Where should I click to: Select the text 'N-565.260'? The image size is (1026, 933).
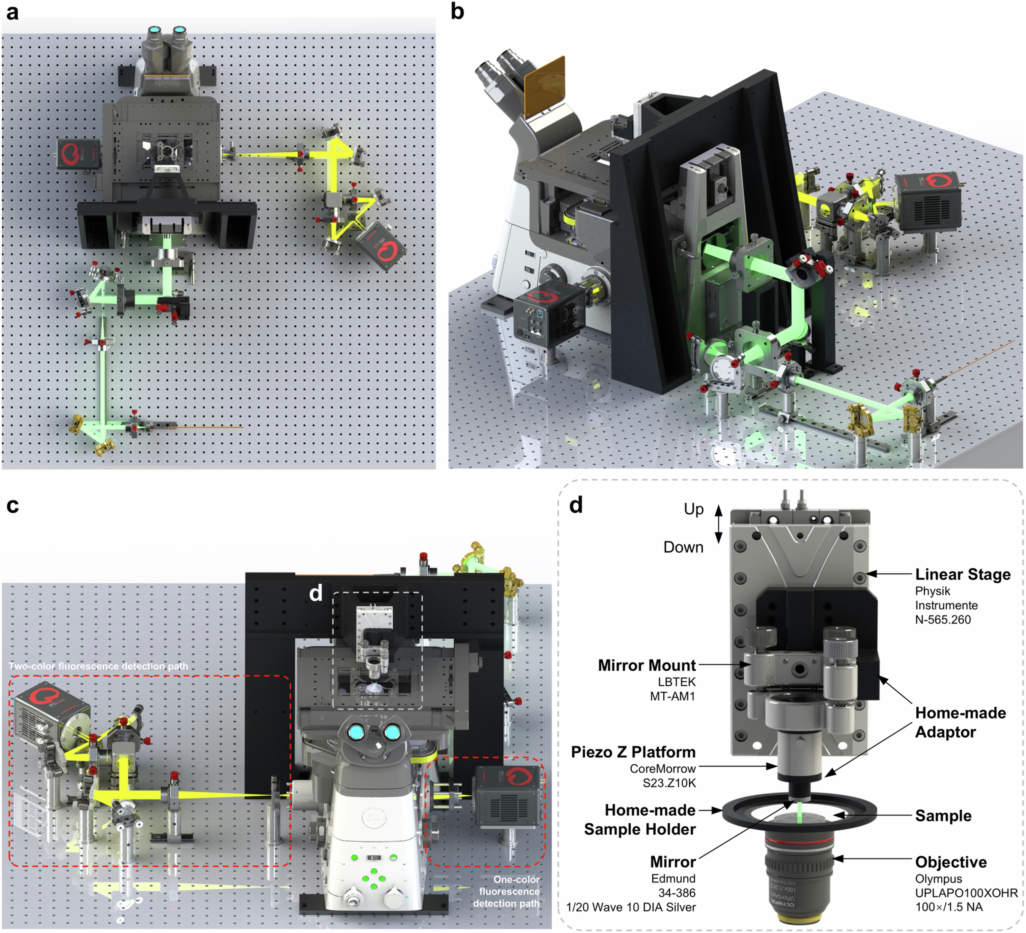tap(943, 620)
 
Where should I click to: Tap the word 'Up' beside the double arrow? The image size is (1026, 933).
tap(693, 509)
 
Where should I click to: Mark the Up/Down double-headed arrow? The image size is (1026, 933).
tap(719, 524)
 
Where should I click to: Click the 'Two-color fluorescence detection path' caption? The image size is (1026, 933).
tap(98, 666)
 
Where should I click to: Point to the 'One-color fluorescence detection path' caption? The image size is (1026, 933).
tap(509, 891)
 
